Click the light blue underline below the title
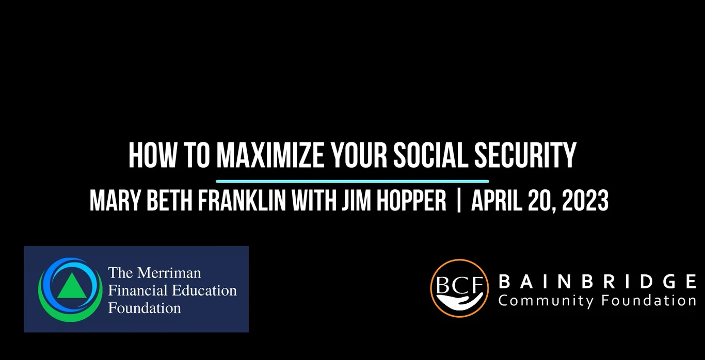352,182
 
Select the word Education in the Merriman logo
204,290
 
